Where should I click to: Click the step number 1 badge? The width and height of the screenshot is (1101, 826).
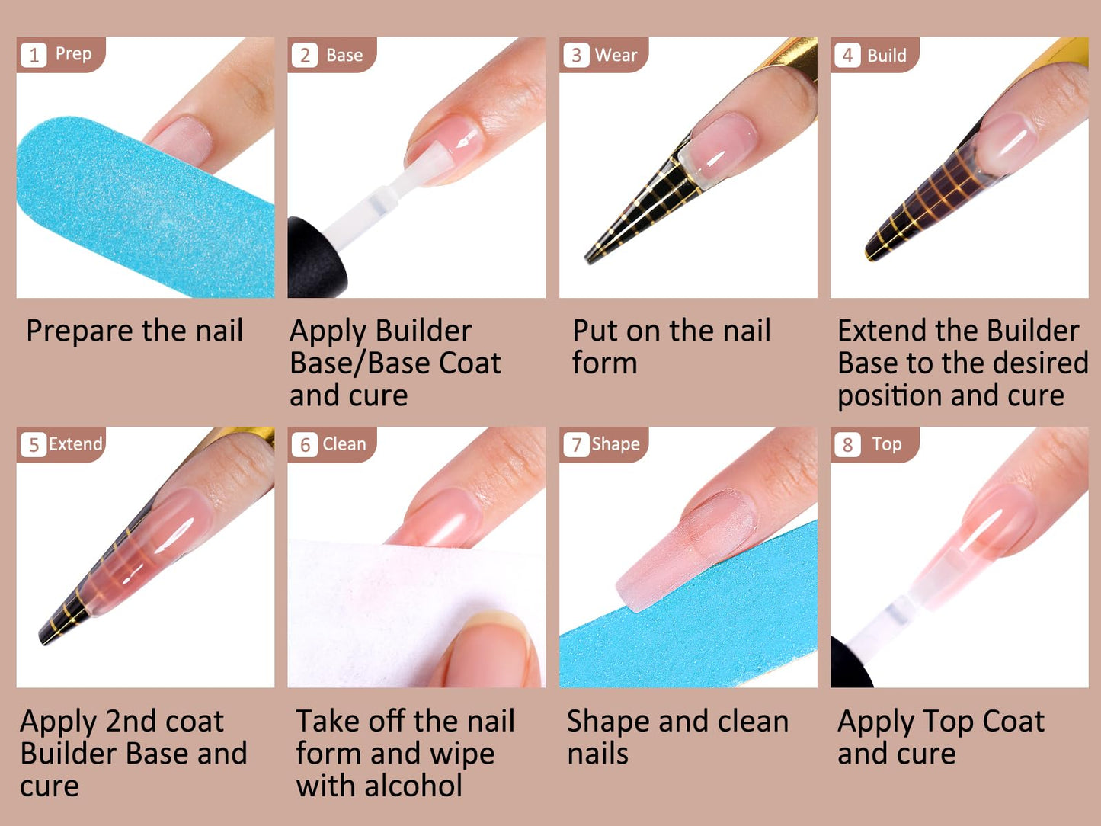34,56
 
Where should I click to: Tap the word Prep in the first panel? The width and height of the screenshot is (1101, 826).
73,54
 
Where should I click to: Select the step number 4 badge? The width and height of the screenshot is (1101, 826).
847,56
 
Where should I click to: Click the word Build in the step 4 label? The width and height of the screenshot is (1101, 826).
887,56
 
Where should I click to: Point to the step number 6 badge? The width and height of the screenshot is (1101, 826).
305,445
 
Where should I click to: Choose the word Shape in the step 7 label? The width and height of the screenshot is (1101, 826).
616,444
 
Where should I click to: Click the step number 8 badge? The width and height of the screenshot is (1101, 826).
847,445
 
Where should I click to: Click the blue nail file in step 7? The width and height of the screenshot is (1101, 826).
686,640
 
